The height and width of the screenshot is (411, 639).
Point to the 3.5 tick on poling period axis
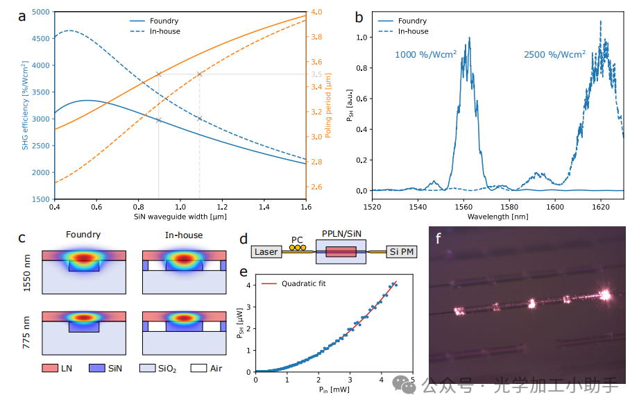pos(316,74)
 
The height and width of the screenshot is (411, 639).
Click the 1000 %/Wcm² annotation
pos(425,54)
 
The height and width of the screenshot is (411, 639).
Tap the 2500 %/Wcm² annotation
pos(554,54)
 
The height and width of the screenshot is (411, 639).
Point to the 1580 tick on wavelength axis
pos(509,206)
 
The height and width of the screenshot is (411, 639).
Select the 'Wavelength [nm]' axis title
pos(497,217)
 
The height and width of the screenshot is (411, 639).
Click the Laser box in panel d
pos(266,252)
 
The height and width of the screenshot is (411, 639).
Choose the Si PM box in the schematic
pos(402,252)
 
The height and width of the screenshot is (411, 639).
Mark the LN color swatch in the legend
pos(49,367)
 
